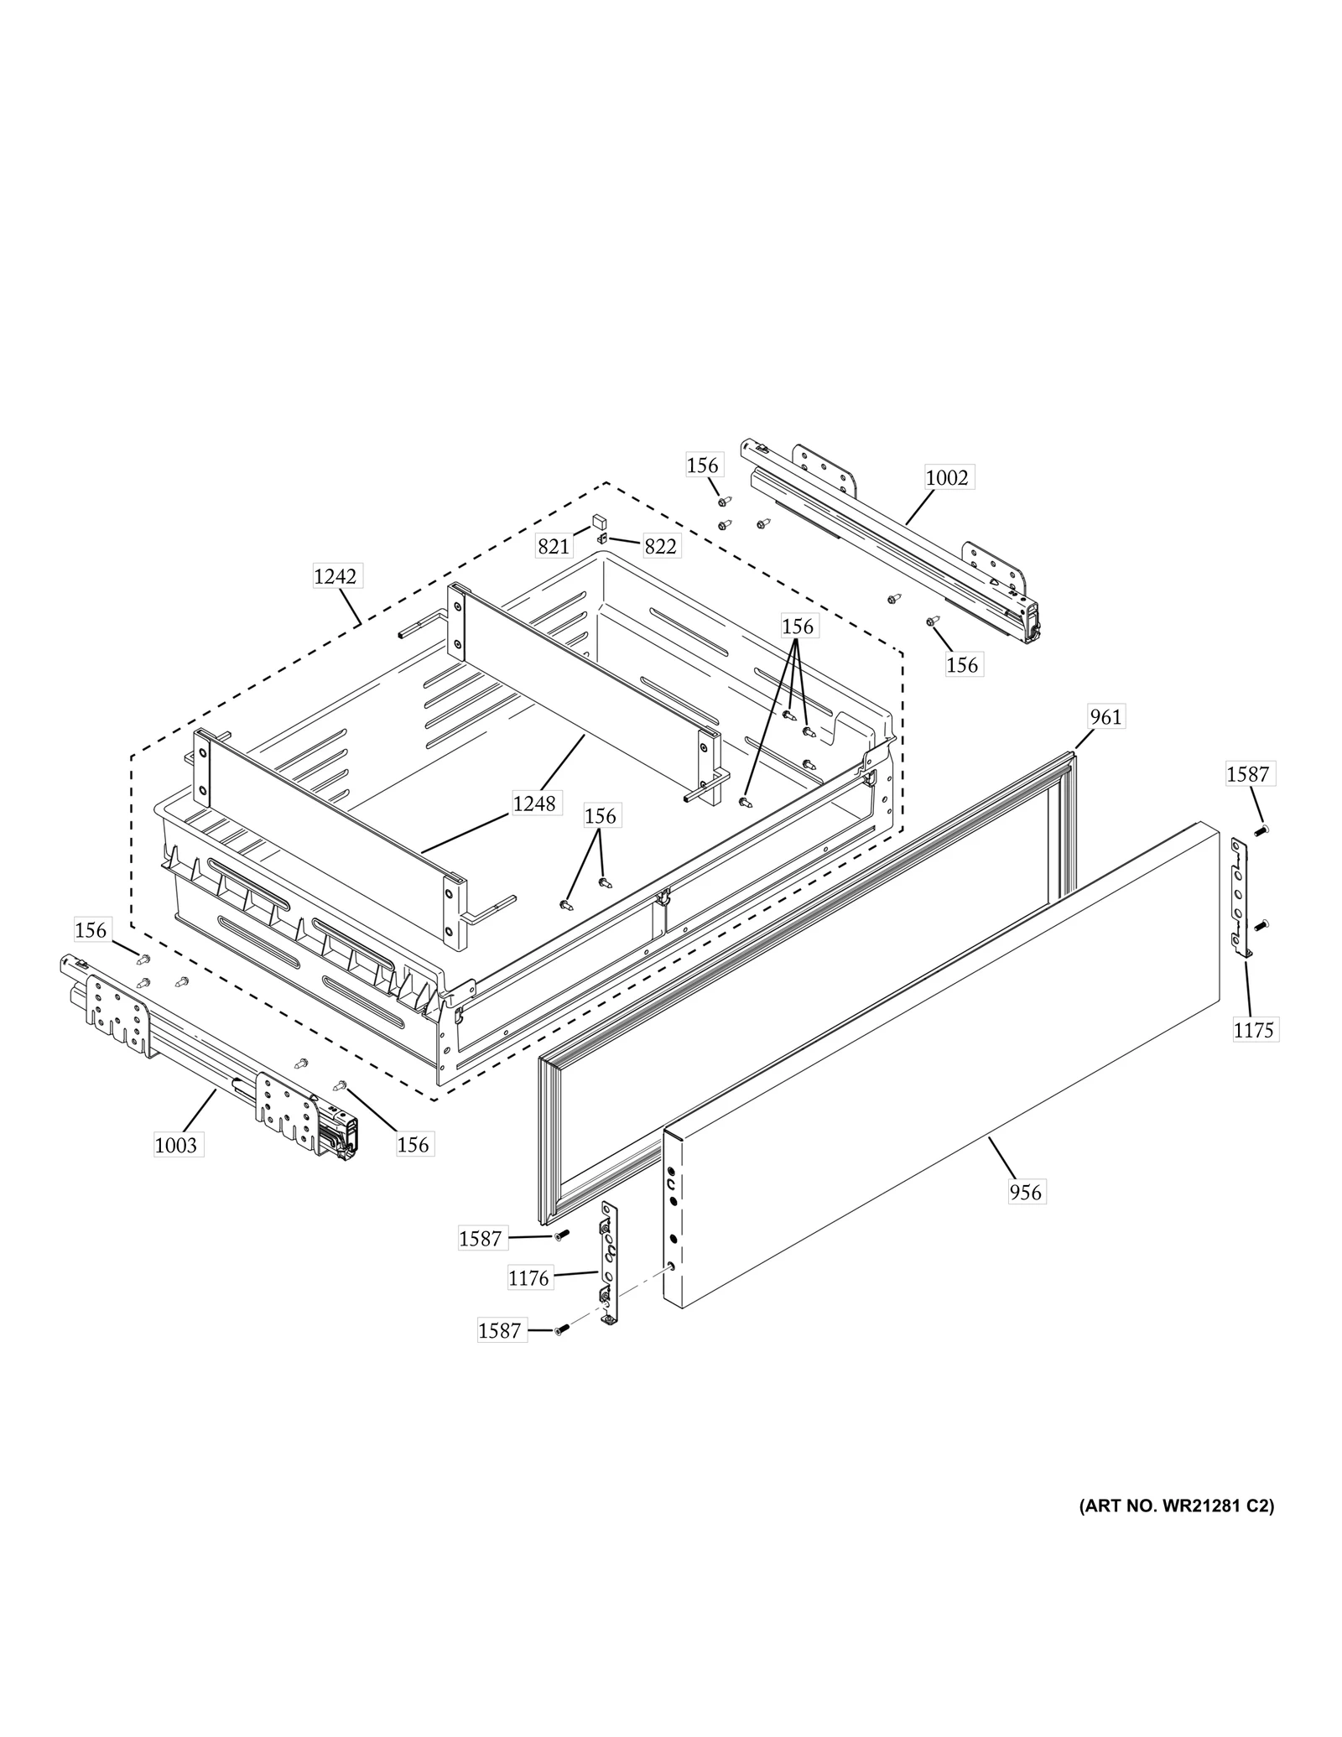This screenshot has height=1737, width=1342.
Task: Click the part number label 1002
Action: coord(947,477)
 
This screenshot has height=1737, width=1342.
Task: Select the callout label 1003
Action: coord(176,1144)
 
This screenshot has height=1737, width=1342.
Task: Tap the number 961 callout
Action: coord(1105,716)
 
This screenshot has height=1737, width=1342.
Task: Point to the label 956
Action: coord(1025,1191)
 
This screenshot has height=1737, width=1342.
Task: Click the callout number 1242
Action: coord(335,576)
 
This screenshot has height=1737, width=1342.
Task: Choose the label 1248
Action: coord(534,803)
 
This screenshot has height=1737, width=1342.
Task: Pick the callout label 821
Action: coord(554,547)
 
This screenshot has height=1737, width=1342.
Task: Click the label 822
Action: coord(660,547)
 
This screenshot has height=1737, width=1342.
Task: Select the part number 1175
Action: coord(1253,1030)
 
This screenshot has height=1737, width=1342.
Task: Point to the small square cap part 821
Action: coord(600,522)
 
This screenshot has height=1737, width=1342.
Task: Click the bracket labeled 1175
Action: coord(1240,896)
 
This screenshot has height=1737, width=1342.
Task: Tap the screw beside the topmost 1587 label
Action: coord(1260,830)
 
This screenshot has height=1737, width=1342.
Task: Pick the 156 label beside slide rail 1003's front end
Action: coord(413,1144)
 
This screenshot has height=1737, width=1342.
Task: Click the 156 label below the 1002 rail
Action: coord(962,664)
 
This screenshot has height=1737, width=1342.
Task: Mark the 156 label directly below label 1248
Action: coord(600,815)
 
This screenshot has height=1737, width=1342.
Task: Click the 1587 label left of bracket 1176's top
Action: coord(480,1238)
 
